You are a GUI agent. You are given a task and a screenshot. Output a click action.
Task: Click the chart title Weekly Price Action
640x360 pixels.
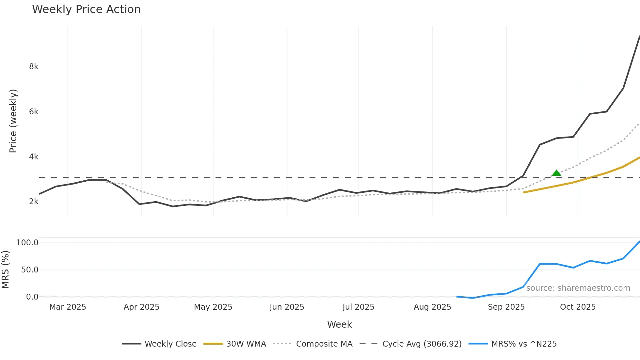coord(86,9)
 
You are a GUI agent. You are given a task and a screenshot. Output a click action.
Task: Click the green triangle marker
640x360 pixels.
coord(556,173)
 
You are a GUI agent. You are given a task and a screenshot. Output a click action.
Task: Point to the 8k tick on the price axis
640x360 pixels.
coord(34,67)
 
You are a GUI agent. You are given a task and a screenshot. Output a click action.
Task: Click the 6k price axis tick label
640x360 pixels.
coord(34,112)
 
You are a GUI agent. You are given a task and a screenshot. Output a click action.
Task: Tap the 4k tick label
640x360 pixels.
coord(34,157)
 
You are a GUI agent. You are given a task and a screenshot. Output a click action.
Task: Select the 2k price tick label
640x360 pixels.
coord(34,202)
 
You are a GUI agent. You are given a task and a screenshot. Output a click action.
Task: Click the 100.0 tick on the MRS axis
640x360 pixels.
coord(27,243)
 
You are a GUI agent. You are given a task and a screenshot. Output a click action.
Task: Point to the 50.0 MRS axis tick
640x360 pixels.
coord(30,270)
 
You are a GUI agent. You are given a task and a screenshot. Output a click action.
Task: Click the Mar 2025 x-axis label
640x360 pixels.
coord(68,307)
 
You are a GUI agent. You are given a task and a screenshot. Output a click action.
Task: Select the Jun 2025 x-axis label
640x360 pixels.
coord(287,307)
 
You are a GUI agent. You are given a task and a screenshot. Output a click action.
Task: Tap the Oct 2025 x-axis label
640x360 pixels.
coord(578,307)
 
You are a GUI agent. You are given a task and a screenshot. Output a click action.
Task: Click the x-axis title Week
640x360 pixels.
coord(339,324)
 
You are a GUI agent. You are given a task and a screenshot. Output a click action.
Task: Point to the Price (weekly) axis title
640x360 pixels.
coord(13,121)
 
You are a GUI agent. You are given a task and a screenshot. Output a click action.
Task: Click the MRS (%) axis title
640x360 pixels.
coord(5,270)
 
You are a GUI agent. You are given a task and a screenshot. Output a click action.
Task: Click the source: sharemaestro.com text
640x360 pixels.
coord(578,288)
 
